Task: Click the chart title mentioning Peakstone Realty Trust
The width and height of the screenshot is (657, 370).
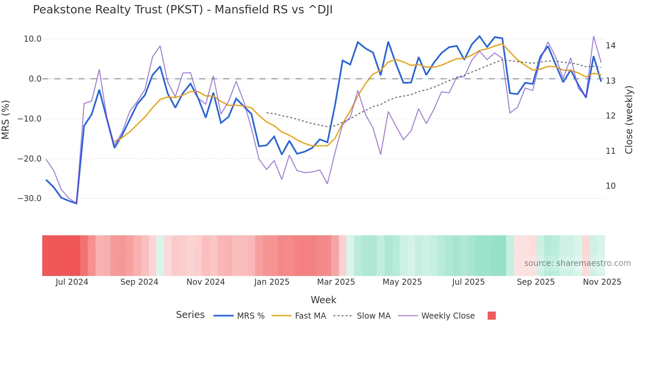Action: (183, 10)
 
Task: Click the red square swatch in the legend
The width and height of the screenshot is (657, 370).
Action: (491, 316)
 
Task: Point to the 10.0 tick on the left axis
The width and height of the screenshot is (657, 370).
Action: (33, 39)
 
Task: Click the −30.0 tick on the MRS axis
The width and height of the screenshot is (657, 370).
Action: (29, 198)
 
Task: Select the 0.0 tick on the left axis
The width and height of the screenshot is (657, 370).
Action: (35, 79)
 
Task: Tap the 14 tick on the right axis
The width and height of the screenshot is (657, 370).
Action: (610, 46)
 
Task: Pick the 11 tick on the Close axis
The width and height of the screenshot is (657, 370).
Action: (610, 151)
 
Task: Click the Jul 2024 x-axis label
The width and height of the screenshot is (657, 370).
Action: (72, 282)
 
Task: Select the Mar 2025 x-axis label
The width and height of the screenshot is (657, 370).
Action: (336, 282)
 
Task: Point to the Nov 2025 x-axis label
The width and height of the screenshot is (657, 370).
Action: (602, 282)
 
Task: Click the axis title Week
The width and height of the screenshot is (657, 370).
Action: (323, 300)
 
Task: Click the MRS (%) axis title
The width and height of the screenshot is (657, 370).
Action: (6, 120)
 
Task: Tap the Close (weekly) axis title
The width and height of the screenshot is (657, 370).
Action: (629, 120)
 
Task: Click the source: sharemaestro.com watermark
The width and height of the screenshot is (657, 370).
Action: (577, 263)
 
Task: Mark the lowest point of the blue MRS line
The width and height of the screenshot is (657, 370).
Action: (76, 203)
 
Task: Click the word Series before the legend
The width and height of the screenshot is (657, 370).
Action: (190, 315)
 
